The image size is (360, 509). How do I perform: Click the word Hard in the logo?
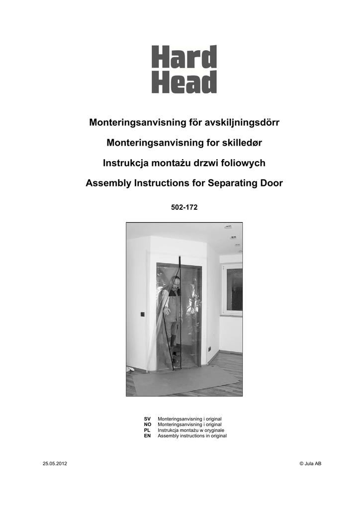(184, 57)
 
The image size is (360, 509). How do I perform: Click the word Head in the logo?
(184, 83)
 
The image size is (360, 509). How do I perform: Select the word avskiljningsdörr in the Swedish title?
(241, 122)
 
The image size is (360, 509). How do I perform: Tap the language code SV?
(147, 420)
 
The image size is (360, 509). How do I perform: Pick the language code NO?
(148, 425)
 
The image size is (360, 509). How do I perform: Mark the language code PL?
(147, 430)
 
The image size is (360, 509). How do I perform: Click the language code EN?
(147, 436)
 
